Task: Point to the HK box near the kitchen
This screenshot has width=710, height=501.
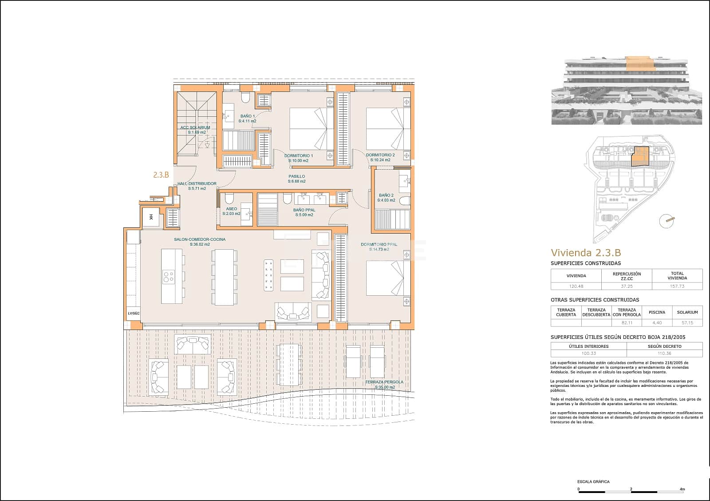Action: [x=151, y=217]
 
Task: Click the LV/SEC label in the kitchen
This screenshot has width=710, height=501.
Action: [x=133, y=314]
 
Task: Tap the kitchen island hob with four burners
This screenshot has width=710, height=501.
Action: [x=169, y=277]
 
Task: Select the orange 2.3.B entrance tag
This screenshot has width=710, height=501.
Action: [x=161, y=175]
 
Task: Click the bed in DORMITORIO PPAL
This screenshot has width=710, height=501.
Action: [x=385, y=278]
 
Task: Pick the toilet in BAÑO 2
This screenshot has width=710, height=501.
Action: [x=404, y=201]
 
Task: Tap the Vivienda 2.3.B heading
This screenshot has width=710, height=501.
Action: [x=585, y=253]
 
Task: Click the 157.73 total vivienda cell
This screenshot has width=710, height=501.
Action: [x=677, y=286]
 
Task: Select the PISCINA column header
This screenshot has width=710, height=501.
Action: [x=657, y=312]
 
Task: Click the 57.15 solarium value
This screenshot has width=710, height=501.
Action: [x=687, y=323]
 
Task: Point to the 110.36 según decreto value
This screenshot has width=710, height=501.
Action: [x=664, y=354]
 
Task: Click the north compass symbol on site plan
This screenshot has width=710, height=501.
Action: [x=666, y=221]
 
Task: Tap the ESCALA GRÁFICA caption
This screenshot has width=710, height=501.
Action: [x=593, y=481]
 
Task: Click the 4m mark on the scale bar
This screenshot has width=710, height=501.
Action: [x=682, y=489]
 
